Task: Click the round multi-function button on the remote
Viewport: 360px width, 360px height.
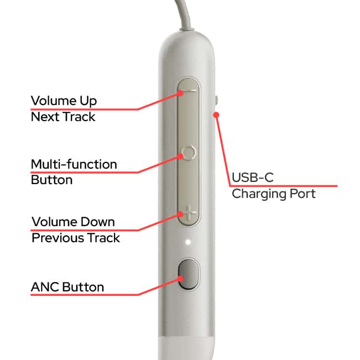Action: point(189,152)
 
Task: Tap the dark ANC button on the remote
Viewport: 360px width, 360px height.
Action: point(188,274)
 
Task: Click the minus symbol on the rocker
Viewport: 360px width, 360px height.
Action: point(190,90)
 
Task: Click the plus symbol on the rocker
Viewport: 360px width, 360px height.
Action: point(190,212)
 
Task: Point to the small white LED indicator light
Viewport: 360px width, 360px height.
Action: point(188,242)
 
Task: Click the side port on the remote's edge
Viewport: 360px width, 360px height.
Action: point(216,100)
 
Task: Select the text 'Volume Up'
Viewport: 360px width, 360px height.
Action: point(64,101)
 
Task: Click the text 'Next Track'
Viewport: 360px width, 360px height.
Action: point(63,117)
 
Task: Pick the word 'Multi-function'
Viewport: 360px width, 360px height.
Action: point(74,164)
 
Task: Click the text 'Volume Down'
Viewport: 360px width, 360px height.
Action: point(73,222)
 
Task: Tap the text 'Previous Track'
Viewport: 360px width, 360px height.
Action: point(76,238)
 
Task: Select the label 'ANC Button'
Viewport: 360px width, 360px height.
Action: point(67,287)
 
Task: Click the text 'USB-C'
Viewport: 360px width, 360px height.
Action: point(253,178)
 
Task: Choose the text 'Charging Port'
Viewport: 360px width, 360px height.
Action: point(274,194)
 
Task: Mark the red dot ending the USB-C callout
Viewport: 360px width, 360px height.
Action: point(216,114)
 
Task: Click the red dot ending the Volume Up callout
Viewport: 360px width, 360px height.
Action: point(181,93)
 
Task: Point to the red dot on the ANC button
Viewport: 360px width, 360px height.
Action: point(181,279)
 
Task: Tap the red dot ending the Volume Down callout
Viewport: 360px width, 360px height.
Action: point(181,214)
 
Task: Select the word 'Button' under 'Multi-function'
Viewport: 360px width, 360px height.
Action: point(51,180)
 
